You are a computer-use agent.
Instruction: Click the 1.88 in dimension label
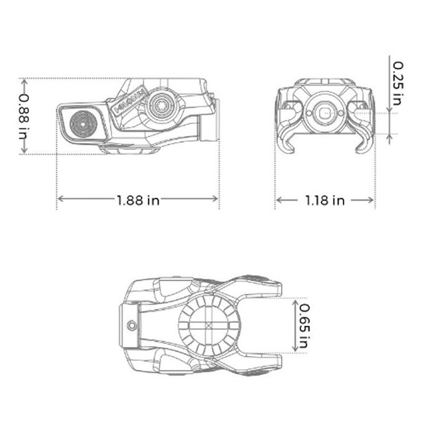tap(137, 200)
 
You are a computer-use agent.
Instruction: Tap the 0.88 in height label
tap(25, 116)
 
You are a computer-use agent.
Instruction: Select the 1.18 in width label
tap(324, 200)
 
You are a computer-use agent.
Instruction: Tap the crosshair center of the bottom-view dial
tap(208, 327)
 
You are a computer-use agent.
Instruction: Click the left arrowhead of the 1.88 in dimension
tap(59, 199)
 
